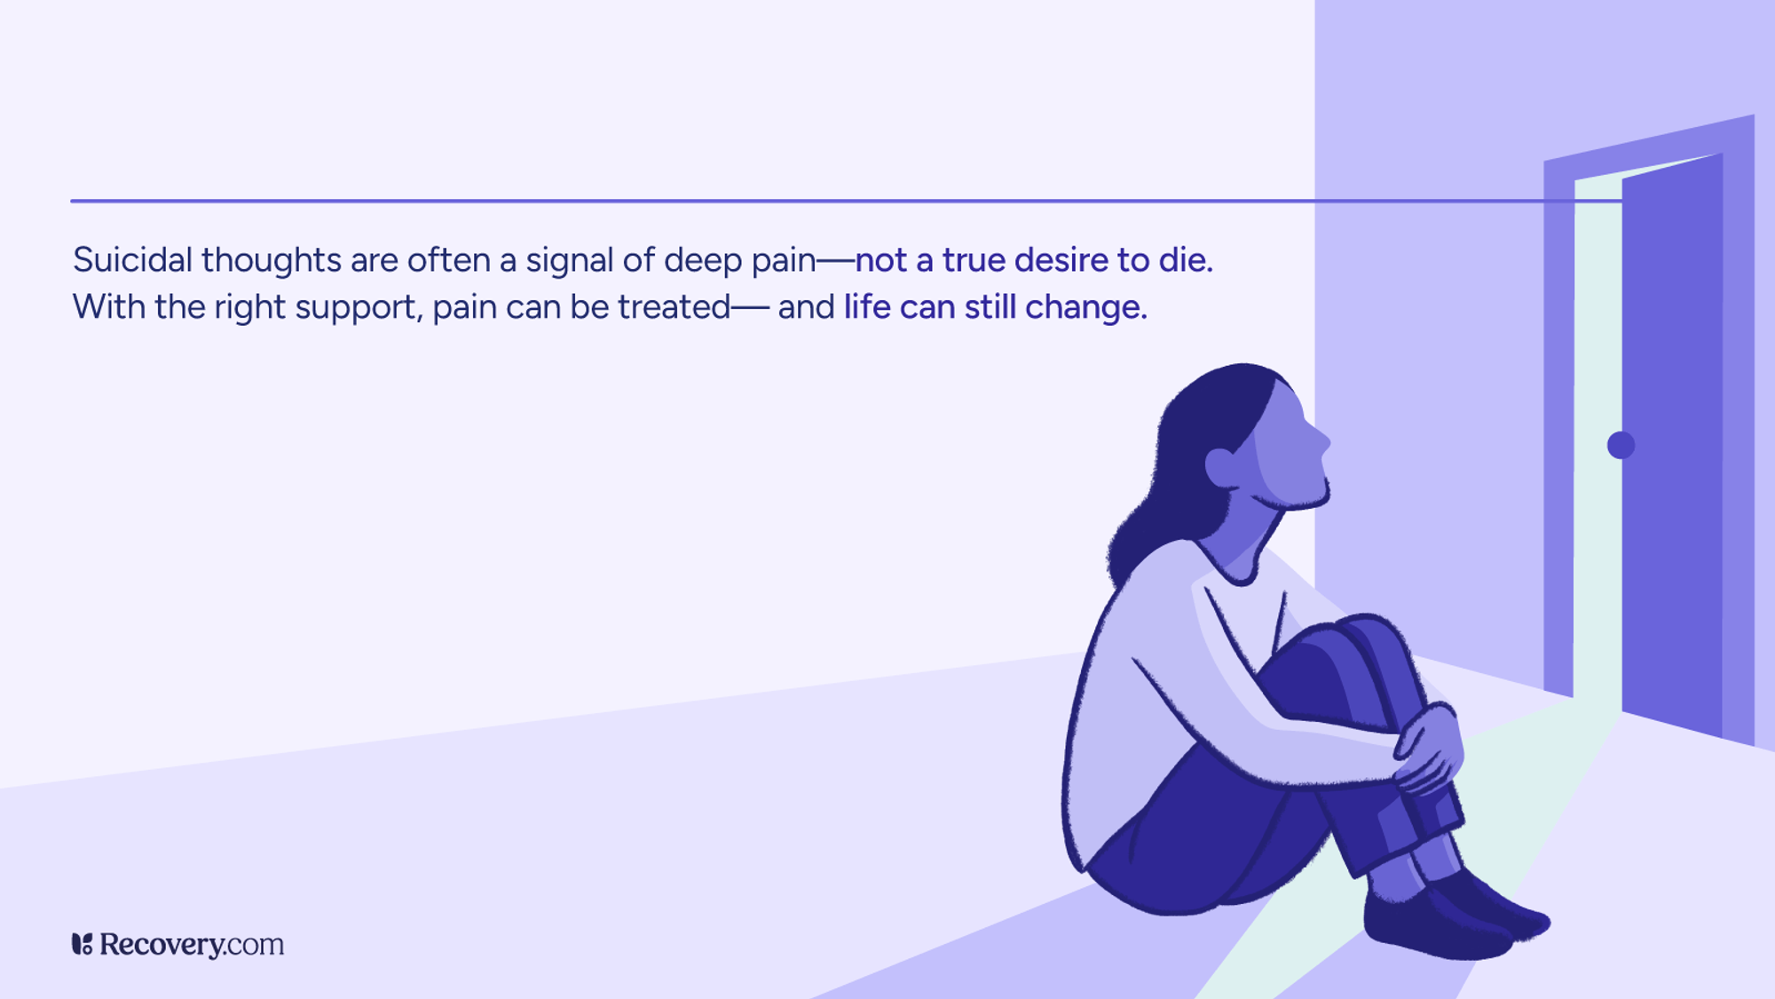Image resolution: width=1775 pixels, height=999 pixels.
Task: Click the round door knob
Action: (1621, 445)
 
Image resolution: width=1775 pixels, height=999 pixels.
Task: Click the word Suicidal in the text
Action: (132, 260)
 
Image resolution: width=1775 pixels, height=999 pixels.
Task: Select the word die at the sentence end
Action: (1184, 260)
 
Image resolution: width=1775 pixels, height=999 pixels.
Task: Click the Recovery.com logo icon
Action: (82, 944)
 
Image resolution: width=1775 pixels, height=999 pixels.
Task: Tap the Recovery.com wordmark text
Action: (192, 945)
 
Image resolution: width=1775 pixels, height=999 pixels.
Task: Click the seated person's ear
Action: (1220, 467)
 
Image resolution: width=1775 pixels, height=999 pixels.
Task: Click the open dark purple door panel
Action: (1672, 444)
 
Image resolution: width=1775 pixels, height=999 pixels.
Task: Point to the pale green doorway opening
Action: (1597, 444)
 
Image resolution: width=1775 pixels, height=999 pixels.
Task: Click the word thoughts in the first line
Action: (271, 260)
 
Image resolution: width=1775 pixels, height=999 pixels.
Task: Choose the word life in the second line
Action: (867, 307)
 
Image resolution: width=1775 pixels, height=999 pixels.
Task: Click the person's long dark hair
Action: (1171, 480)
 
